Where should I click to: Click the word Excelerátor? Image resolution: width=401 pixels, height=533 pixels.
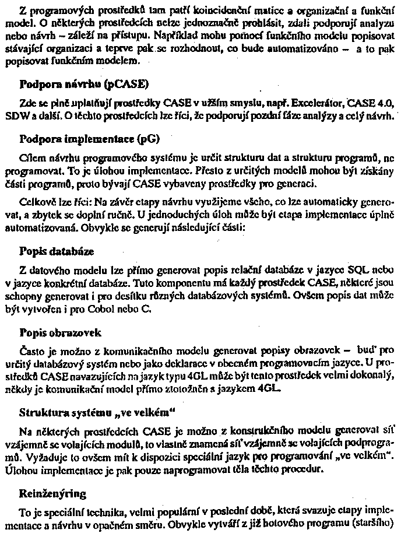(317, 103)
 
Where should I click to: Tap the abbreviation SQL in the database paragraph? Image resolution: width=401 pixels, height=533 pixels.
(356, 272)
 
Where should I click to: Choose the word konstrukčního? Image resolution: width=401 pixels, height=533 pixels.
(245, 432)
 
